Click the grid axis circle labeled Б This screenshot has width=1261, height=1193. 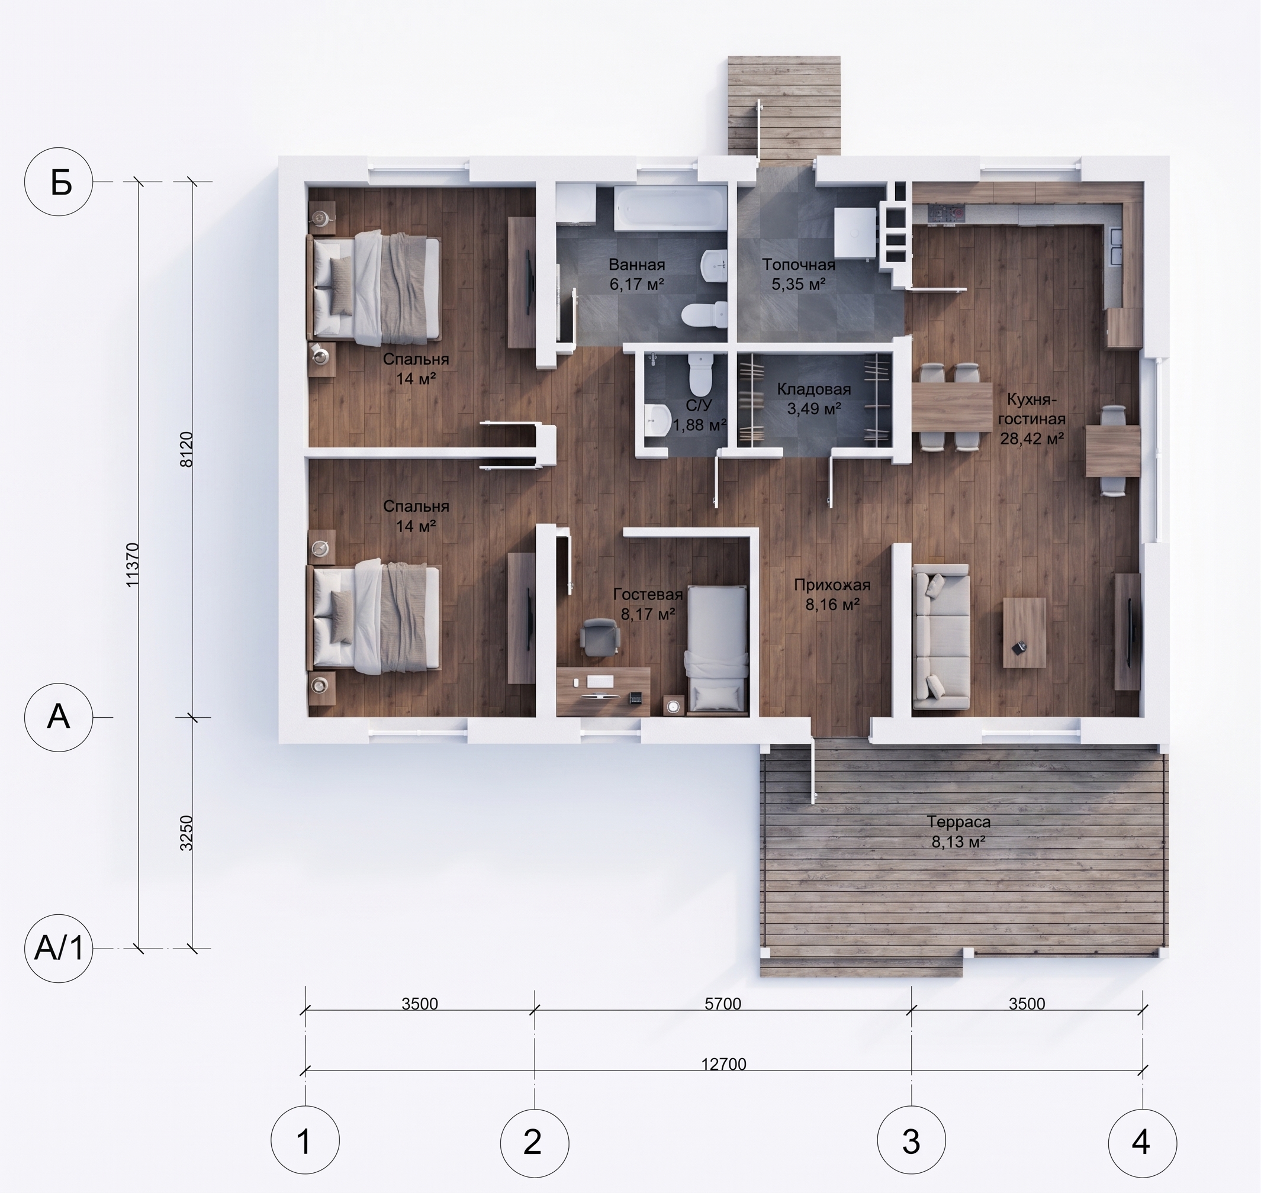pyautogui.click(x=59, y=182)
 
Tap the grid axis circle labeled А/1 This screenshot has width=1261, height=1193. pyautogui.click(x=59, y=949)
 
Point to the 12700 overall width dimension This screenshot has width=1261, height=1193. pyautogui.click(x=723, y=1064)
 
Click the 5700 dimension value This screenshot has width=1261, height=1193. pyautogui.click(x=723, y=1004)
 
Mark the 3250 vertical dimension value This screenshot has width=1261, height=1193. pyautogui.click(x=186, y=833)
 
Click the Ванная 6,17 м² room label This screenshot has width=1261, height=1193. pyautogui.click(x=637, y=274)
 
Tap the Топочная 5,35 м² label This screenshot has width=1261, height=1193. pyautogui.click(x=799, y=274)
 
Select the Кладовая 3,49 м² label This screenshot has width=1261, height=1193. pyautogui.click(x=814, y=399)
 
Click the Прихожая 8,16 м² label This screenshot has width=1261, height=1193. pyautogui.click(x=832, y=594)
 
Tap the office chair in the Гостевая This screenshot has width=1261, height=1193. pyautogui.click(x=599, y=637)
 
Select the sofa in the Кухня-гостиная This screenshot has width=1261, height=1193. pyautogui.click(x=941, y=637)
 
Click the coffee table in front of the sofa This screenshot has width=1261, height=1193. pyautogui.click(x=1024, y=633)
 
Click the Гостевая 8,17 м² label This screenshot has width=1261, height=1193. pyautogui.click(x=648, y=604)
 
